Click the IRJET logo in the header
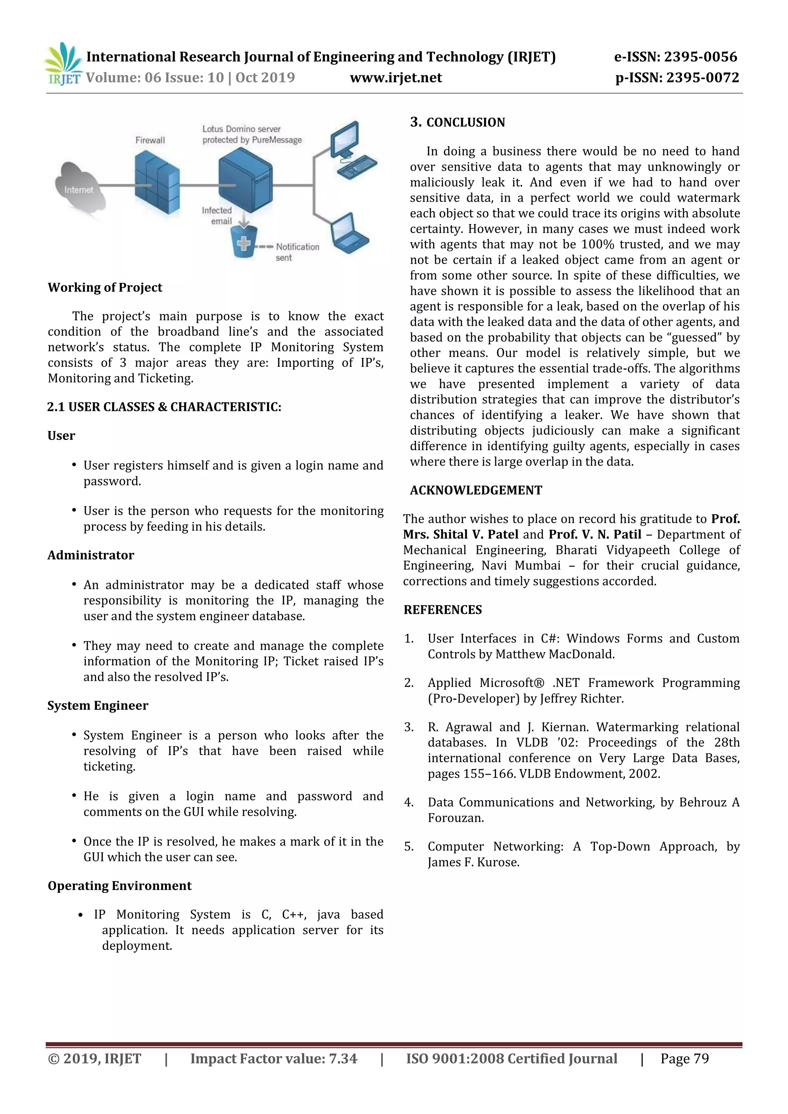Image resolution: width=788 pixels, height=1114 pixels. [63, 64]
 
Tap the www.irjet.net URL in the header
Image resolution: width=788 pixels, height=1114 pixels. [396, 78]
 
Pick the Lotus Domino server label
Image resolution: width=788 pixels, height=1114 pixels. [252, 135]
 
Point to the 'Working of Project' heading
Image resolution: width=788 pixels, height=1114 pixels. [105, 287]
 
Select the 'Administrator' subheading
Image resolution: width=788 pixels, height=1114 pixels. [91, 555]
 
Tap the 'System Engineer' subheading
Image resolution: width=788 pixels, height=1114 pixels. [98, 706]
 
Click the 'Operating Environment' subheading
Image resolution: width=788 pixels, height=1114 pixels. [119, 886]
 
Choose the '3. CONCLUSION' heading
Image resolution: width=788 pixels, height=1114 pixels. [457, 122]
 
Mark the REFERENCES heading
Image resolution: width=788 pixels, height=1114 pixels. [442, 610]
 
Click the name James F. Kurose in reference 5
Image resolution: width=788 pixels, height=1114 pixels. [473, 862]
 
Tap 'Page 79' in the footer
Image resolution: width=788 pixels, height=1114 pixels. [684, 1058]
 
